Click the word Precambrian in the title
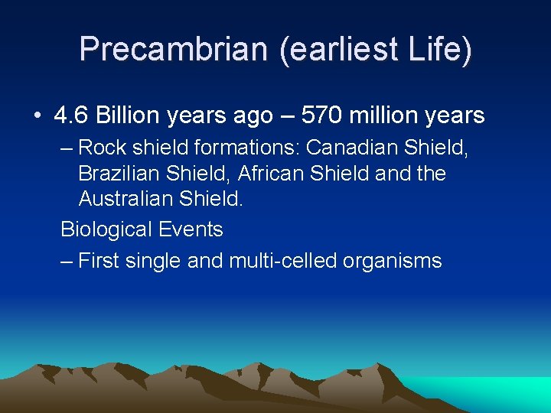click(x=173, y=50)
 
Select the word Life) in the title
click(x=439, y=50)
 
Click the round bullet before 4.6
click(x=37, y=116)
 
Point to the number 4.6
click(x=71, y=115)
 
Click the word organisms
click(x=393, y=261)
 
